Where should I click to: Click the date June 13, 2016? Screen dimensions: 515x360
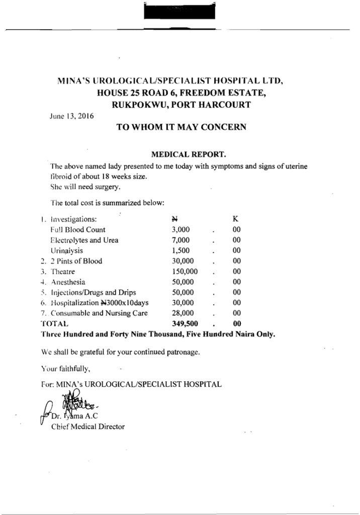(70, 115)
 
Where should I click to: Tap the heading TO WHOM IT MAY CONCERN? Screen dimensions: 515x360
(181, 127)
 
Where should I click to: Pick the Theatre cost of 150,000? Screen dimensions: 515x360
(185, 271)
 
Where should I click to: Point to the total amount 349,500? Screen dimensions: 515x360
(185, 324)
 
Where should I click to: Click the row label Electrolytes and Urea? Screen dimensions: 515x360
(84, 240)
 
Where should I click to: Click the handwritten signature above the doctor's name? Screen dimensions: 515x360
(75, 403)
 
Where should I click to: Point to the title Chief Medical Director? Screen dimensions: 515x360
(88, 426)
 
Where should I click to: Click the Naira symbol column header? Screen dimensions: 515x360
(175, 219)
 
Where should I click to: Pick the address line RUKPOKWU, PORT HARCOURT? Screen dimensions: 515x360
(181, 105)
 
